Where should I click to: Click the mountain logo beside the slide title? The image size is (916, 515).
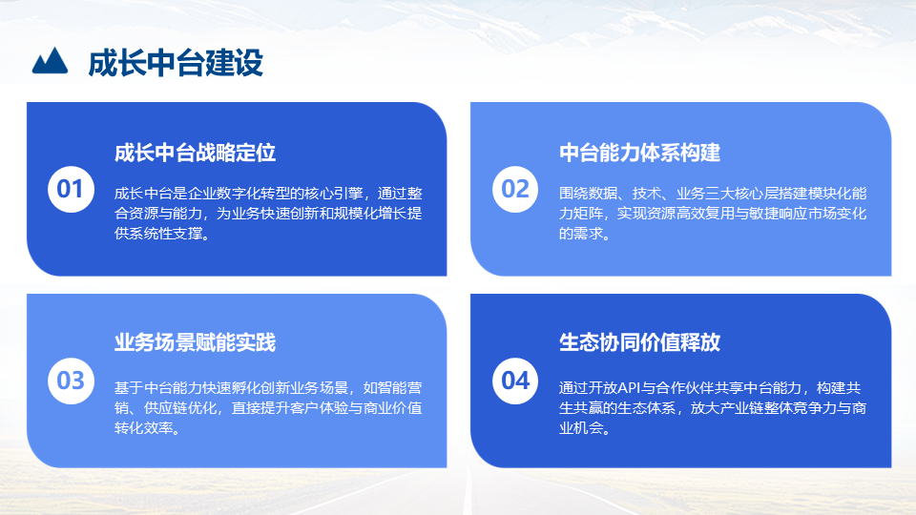(x=50, y=61)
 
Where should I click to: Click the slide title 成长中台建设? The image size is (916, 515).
(x=176, y=63)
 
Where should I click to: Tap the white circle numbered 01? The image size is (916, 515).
(x=71, y=189)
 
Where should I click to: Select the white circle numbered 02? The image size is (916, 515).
(x=515, y=189)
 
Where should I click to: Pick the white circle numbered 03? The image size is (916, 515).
(x=71, y=381)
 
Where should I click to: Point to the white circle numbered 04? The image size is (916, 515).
(x=515, y=381)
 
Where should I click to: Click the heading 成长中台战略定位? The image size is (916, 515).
(x=195, y=153)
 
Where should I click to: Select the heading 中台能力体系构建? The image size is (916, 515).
(x=639, y=153)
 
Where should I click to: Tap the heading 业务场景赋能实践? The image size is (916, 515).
(x=195, y=342)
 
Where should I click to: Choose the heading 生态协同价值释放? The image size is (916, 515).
(x=639, y=342)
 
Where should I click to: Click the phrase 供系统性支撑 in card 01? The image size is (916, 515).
(x=158, y=233)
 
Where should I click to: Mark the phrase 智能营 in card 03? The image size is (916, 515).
(x=400, y=388)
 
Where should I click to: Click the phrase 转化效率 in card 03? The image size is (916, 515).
(x=144, y=428)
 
